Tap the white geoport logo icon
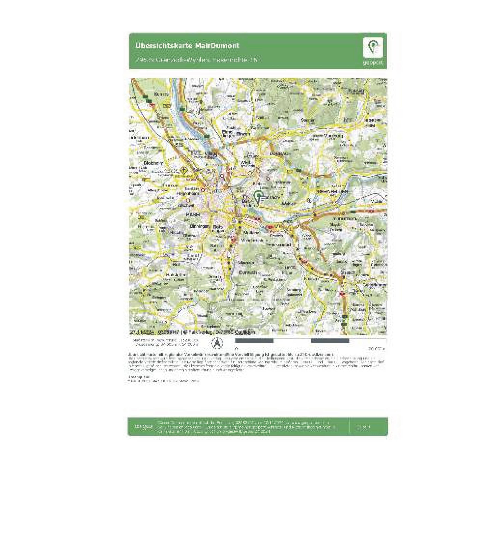coord(373,47)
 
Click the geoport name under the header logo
coord(373,63)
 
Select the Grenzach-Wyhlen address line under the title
coord(196,59)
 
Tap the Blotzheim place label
coord(153,163)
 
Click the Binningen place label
coord(200,226)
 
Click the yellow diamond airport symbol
coord(183,170)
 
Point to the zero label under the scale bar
coord(237,348)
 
